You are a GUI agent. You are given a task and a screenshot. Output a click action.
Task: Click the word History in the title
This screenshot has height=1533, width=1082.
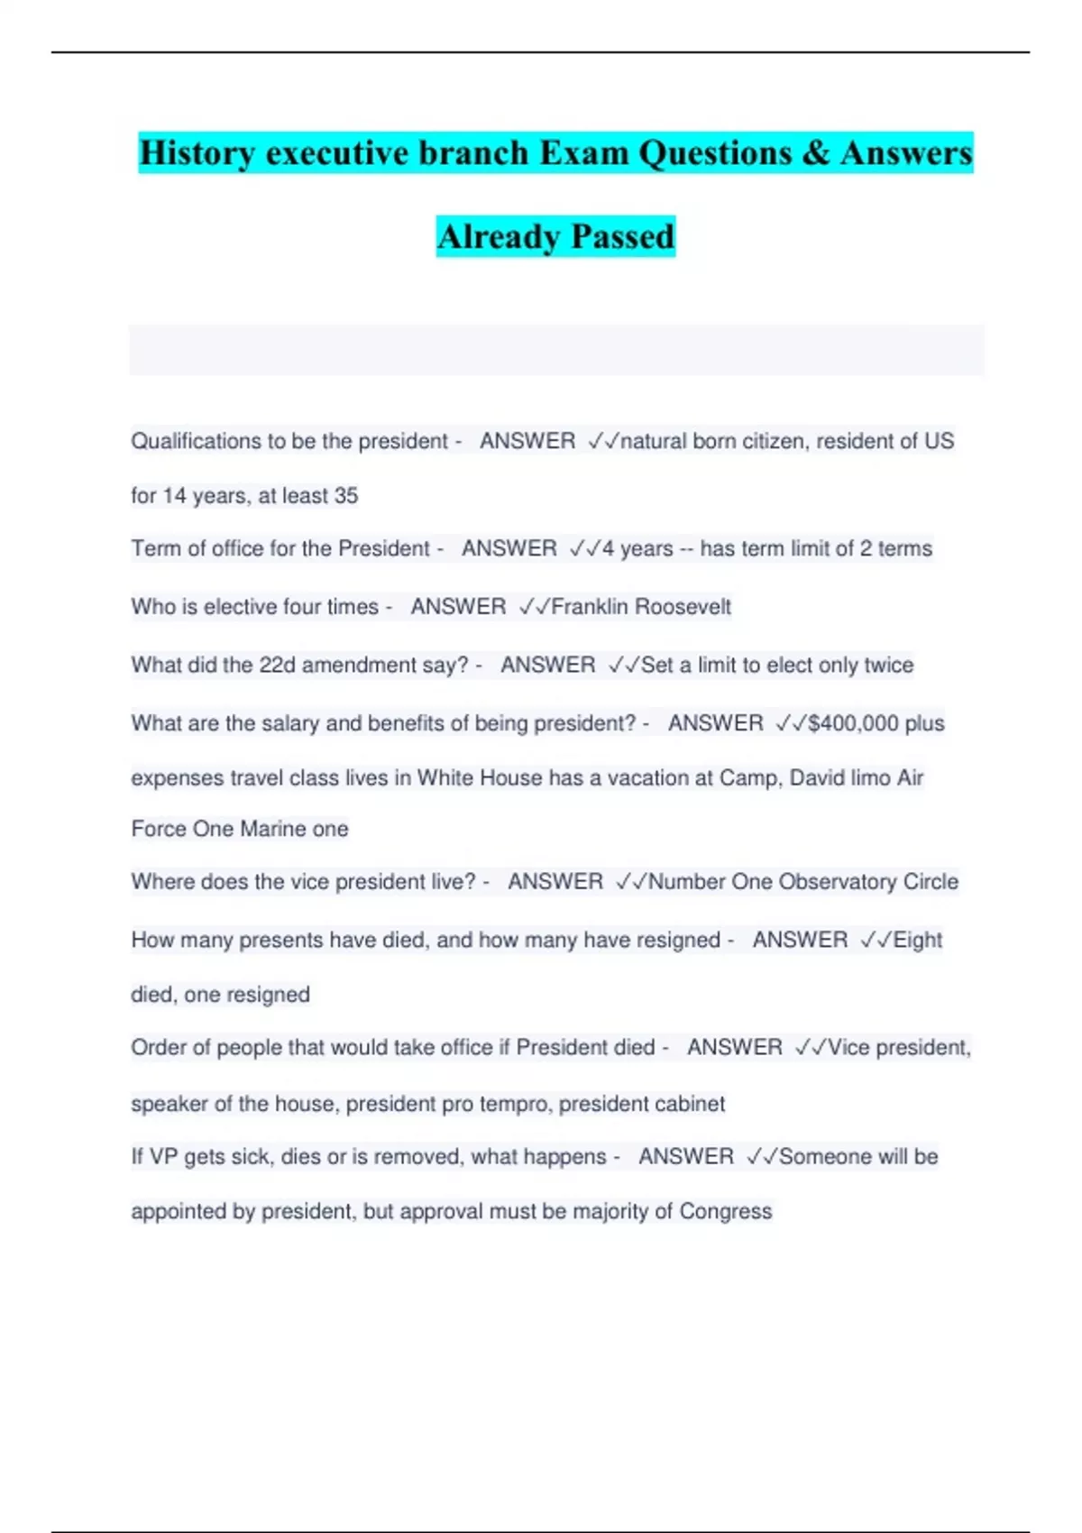[197, 152]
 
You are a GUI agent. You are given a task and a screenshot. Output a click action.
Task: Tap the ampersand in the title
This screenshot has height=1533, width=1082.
[814, 152]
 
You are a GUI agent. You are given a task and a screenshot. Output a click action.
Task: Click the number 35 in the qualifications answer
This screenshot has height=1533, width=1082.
[346, 496]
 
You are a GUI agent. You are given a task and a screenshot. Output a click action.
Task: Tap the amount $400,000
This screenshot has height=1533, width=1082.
[854, 723]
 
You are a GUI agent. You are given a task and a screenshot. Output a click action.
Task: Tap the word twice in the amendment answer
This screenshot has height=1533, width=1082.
[888, 666]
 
